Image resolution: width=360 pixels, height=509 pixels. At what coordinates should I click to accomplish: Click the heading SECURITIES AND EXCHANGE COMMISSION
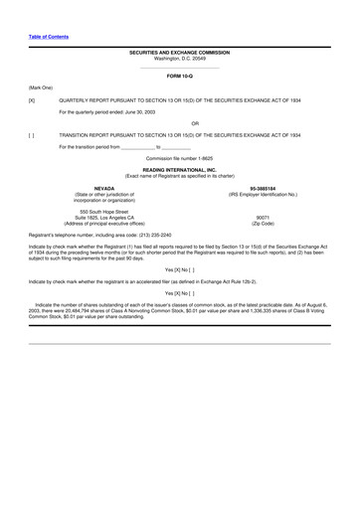(x=179, y=53)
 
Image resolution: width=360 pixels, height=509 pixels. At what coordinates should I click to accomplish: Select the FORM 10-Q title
(x=179, y=76)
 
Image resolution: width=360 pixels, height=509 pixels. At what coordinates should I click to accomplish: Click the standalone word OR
(x=180, y=123)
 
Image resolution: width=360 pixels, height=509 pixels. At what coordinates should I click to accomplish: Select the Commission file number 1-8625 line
(x=179, y=157)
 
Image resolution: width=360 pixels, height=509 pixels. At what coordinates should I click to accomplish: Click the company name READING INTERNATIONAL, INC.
(x=179, y=170)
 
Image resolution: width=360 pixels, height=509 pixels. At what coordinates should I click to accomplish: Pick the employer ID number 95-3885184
(x=263, y=188)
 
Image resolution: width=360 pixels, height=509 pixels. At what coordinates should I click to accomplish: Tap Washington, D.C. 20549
(x=179, y=59)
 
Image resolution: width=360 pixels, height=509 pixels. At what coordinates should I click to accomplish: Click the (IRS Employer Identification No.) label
(x=263, y=194)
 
